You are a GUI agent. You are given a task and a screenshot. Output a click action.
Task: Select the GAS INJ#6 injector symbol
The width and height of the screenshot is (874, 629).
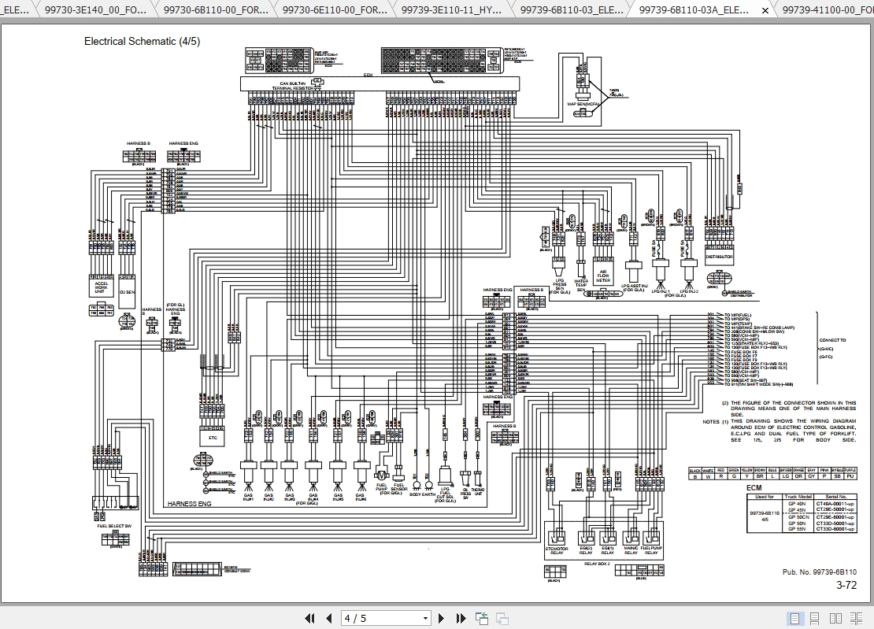361,470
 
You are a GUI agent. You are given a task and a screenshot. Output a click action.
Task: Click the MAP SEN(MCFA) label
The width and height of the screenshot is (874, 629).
583,103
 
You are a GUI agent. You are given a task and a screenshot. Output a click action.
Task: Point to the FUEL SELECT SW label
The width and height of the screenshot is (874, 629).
115,525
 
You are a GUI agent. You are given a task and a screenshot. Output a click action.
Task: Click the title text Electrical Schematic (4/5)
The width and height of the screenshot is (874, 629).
142,41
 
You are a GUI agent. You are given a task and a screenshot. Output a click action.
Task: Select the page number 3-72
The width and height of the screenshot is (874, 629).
846,585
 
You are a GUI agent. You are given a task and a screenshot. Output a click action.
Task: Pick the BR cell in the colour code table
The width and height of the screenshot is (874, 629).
759,476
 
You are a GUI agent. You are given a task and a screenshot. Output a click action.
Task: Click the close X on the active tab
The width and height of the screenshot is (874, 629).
765,10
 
